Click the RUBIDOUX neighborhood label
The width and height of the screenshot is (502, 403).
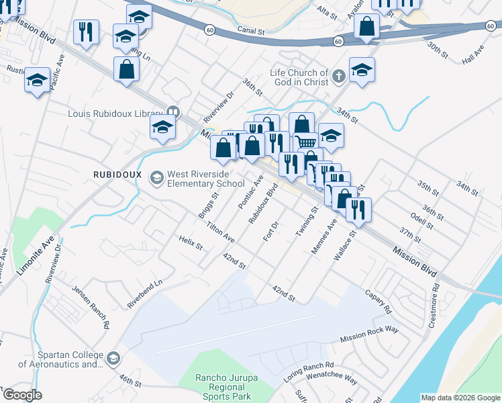click(117, 174)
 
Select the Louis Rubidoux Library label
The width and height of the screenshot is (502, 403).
click(115, 113)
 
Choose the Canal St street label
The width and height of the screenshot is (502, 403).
click(252, 31)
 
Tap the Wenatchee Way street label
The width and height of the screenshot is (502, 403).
click(334, 379)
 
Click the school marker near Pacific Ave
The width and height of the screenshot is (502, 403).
click(37, 80)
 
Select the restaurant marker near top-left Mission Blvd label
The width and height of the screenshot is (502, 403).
click(86, 32)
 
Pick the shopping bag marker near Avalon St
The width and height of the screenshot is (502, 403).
click(366, 28)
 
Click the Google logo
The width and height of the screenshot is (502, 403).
click(22, 395)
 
